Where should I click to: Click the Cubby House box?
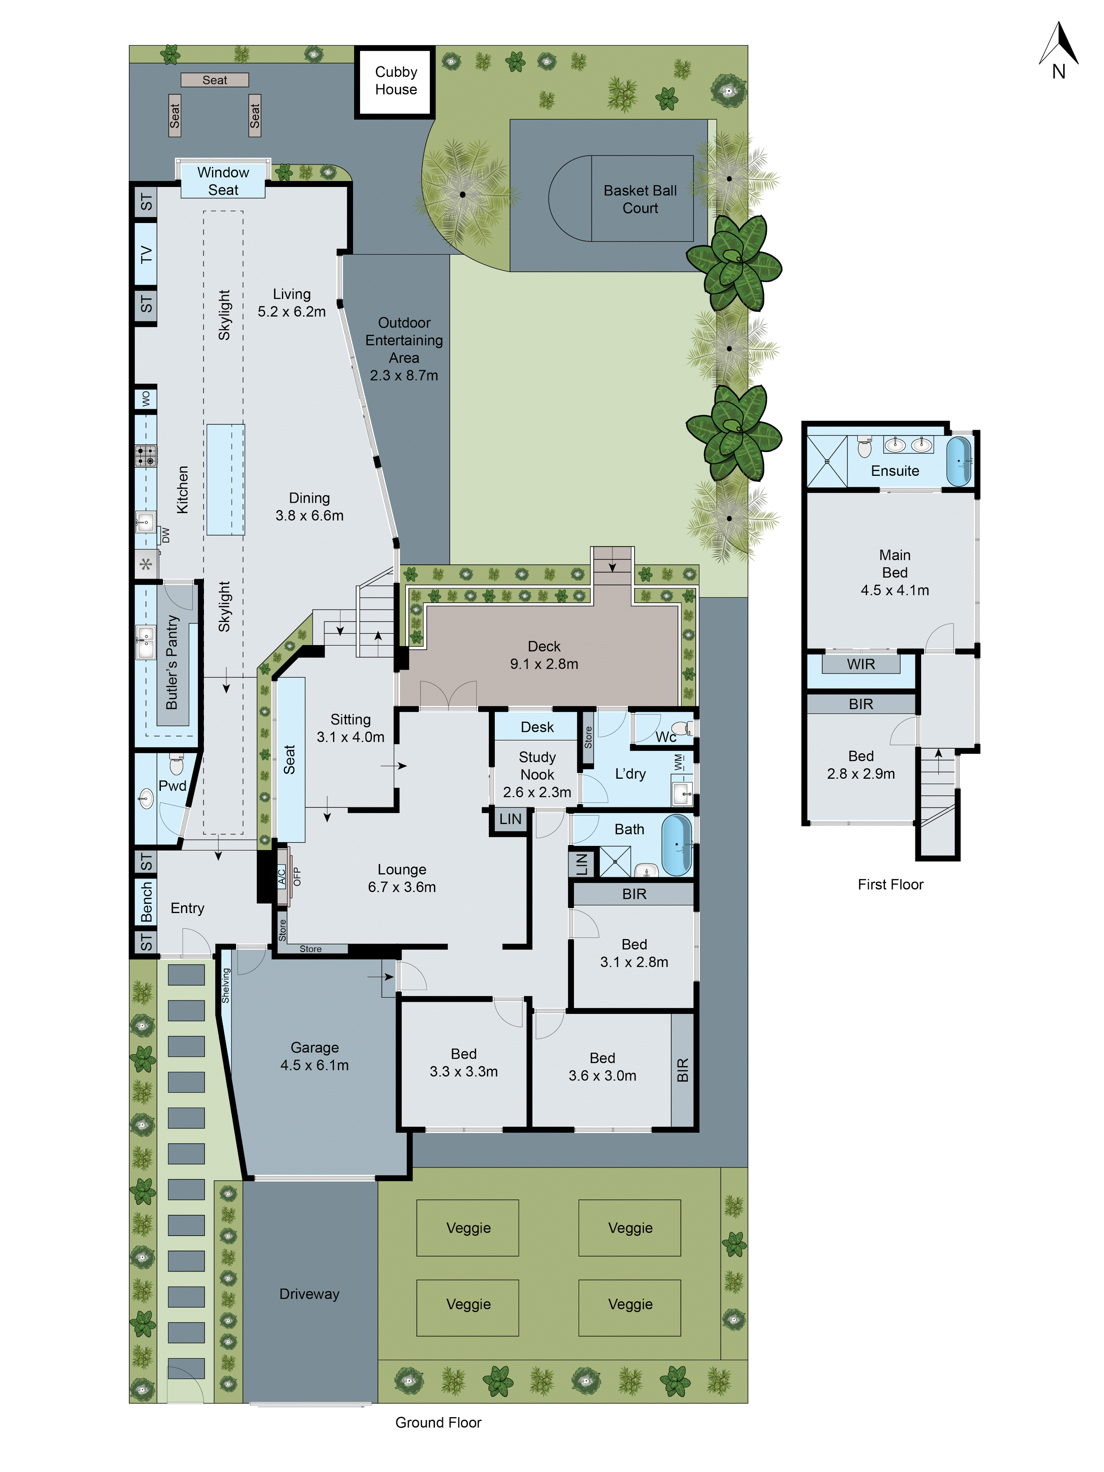coord(395,81)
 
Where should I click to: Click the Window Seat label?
coord(223,181)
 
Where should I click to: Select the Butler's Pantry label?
coord(172,662)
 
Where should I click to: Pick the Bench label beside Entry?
coord(146,902)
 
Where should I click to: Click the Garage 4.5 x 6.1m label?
coord(314,1056)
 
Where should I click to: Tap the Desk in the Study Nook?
coord(537,727)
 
